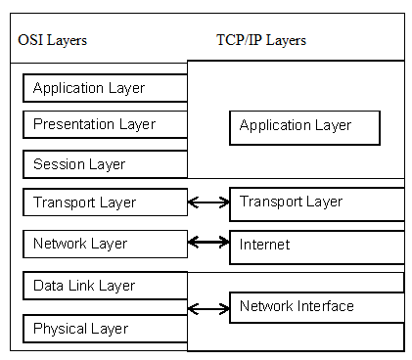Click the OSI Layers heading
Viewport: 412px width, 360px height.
53,40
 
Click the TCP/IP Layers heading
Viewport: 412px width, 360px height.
261,40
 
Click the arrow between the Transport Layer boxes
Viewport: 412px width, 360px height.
207,202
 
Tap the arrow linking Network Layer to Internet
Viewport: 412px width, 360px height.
207,241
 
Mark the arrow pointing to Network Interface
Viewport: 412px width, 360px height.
207,309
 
